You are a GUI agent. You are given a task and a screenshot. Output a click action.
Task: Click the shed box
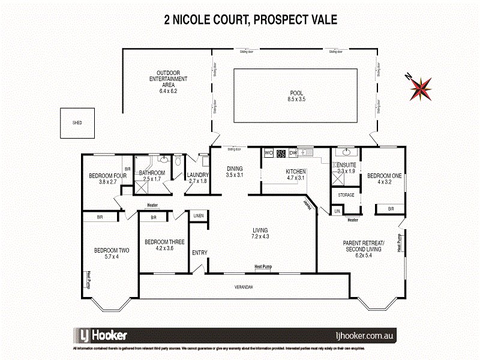pyautogui.click(x=77, y=123)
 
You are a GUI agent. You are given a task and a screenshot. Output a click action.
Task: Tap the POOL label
pyautogui.click(x=297, y=93)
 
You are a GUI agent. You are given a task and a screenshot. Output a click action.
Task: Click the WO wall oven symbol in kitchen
pyautogui.click(x=268, y=153)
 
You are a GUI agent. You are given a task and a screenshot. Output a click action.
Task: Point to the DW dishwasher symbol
pyautogui.click(x=293, y=153)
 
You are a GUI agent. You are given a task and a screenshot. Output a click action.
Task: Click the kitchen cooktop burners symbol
pyautogui.click(x=280, y=153)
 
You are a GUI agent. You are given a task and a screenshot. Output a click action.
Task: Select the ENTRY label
pyautogui.click(x=199, y=253)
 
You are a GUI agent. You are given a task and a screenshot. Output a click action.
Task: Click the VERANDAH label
pyautogui.click(x=243, y=287)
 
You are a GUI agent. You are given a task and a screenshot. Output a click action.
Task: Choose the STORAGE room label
pyautogui.click(x=346, y=195)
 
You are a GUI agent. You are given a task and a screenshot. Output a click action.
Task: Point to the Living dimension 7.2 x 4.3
pyautogui.click(x=260, y=236)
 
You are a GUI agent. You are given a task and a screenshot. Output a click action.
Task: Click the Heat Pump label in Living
pyautogui.click(x=262, y=266)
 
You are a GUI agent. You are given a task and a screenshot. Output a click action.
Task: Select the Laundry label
pyautogui.click(x=197, y=175)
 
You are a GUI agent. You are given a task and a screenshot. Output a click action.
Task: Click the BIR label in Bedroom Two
pyautogui.click(x=100, y=217)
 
